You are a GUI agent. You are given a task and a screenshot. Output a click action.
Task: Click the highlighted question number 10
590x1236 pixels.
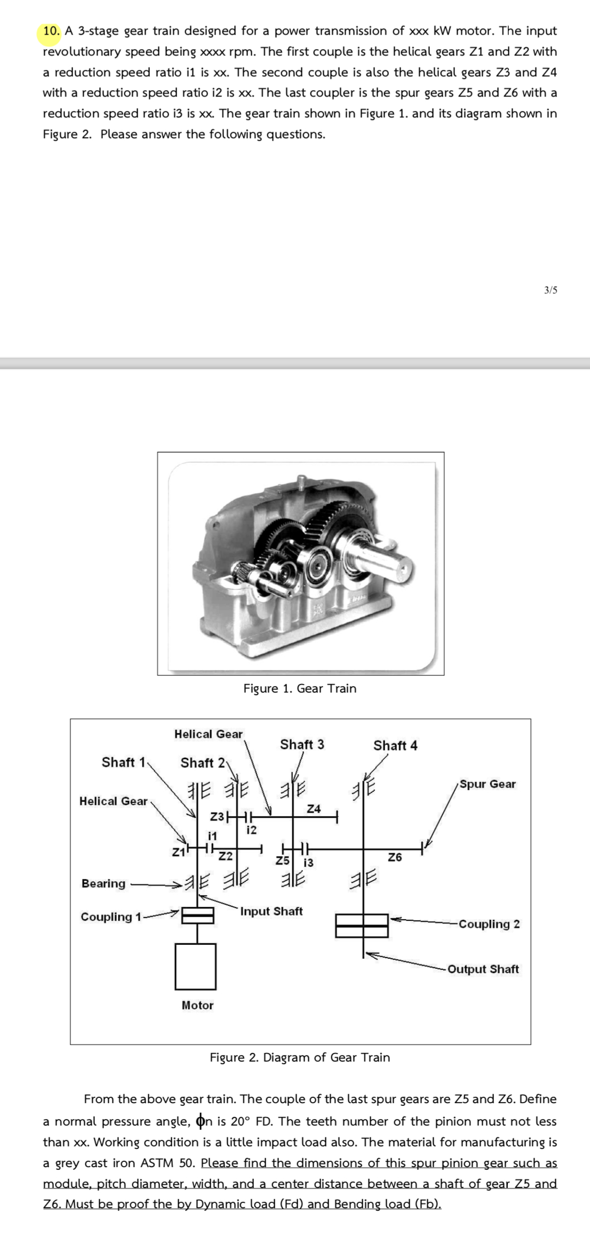pyautogui.click(x=52, y=31)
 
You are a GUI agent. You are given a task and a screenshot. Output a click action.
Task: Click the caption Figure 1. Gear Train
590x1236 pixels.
pyautogui.click(x=300, y=688)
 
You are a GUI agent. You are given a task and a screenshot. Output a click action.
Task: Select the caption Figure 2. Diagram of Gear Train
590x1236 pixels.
pyautogui.click(x=300, y=1057)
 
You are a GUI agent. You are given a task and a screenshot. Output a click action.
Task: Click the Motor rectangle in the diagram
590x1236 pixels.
pyautogui.click(x=196, y=965)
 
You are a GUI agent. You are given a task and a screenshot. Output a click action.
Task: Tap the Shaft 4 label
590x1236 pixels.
pyautogui.click(x=395, y=745)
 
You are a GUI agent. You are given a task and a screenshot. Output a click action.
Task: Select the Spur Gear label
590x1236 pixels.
pyautogui.click(x=488, y=784)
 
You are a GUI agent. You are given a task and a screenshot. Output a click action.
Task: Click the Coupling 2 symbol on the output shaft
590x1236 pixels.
pyautogui.click(x=362, y=926)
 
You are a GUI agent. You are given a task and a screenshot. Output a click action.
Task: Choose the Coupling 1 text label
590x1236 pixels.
pyautogui.click(x=111, y=917)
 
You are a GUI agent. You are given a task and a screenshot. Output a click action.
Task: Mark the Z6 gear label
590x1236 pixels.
pyautogui.click(x=395, y=857)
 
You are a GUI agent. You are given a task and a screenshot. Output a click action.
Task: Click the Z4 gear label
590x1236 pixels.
pyautogui.click(x=314, y=809)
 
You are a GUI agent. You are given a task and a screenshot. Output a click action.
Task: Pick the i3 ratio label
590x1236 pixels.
pyautogui.click(x=308, y=862)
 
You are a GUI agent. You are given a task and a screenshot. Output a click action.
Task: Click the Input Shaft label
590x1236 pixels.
pyautogui.click(x=271, y=911)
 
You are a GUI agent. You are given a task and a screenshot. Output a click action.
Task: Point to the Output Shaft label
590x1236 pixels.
pyautogui.click(x=483, y=969)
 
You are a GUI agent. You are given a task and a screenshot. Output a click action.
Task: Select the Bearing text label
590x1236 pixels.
pyautogui.click(x=103, y=884)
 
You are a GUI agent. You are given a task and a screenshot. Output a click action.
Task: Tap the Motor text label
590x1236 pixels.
pyautogui.click(x=197, y=1005)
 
